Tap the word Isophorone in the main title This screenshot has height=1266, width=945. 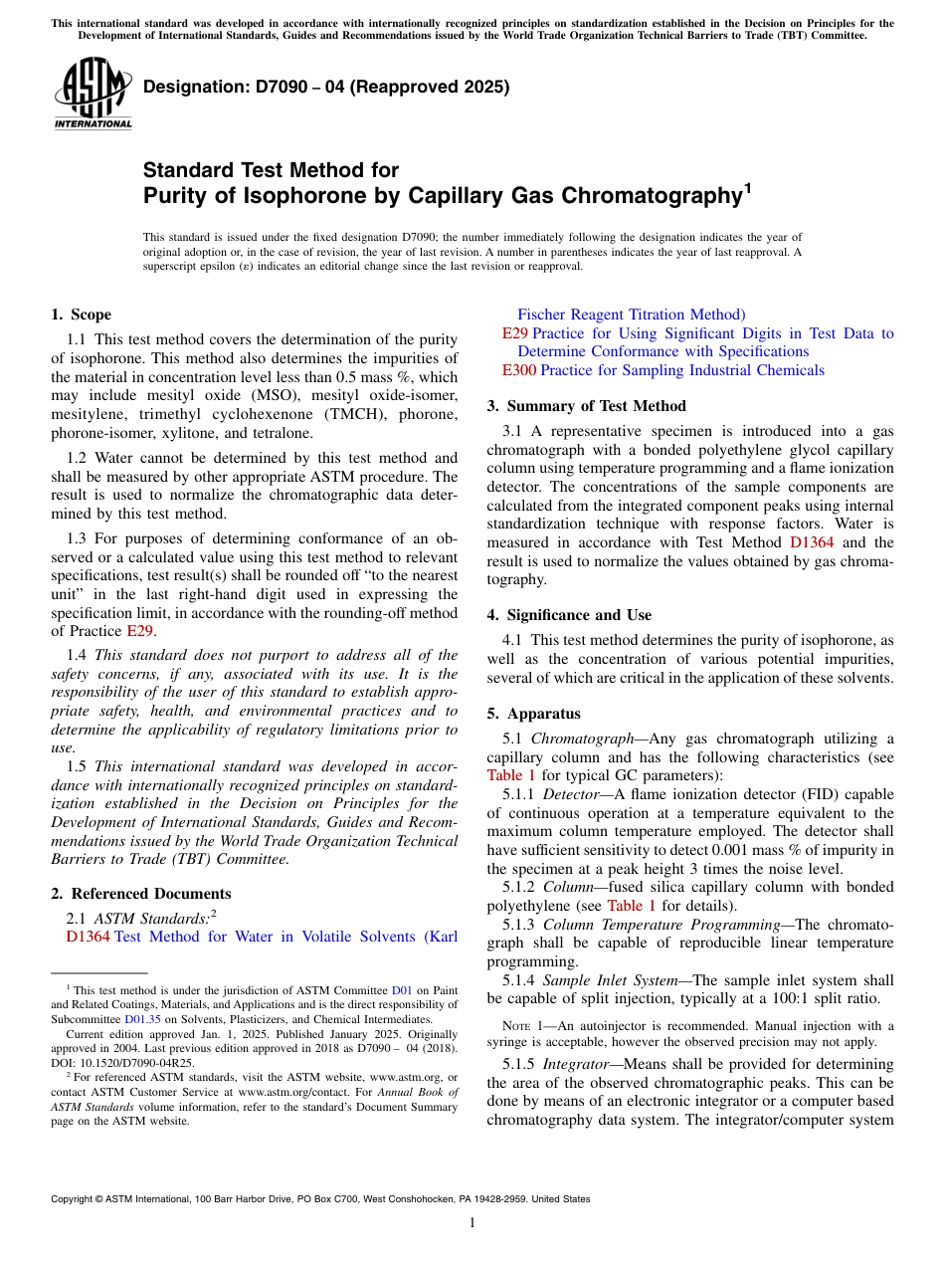[x=297, y=195]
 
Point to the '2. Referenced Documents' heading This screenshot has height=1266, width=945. [x=141, y=894]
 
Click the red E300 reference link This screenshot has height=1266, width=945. [x=519, y=370]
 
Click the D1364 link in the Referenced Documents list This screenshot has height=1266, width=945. [x=89, y=937]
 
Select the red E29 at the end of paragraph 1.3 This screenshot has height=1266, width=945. [x=139, y=631]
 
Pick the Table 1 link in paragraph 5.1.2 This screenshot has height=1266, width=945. [x=632, y=906]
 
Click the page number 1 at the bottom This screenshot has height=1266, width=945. [x=472, y=1223]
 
